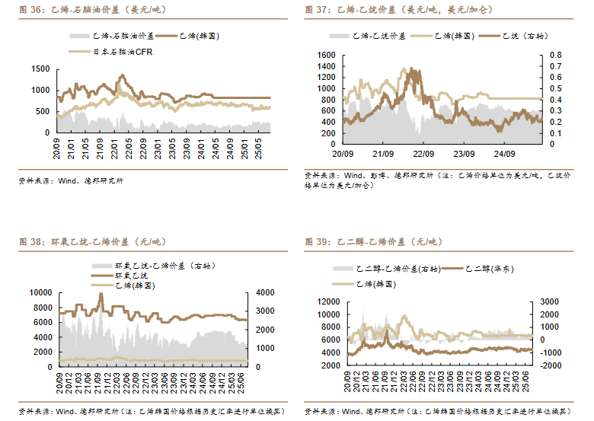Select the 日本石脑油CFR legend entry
coord(113,52)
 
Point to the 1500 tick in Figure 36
coord(41,69)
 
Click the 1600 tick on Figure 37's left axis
coord(325,56)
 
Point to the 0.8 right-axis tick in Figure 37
coord(555,56)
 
